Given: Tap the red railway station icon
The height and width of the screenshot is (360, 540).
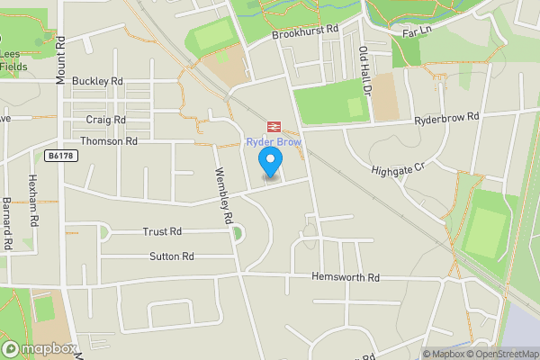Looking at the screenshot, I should pos(272,127).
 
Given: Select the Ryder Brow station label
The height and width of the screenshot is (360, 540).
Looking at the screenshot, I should pos(274,142).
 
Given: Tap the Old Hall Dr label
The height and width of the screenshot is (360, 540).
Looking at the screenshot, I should pos(364,71).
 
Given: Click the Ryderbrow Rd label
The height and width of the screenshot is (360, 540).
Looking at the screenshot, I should pos(446,118).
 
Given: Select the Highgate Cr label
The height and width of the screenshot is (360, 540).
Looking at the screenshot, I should pos(397,168).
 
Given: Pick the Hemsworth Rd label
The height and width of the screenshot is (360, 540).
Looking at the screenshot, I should pos(346,277).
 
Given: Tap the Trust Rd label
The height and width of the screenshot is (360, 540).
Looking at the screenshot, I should pos(162,231).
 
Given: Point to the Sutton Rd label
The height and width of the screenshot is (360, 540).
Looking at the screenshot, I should pos(172,256).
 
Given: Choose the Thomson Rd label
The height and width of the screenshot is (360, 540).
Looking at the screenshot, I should pos(109,141).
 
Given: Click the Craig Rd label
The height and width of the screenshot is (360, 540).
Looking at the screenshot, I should pos(106,119).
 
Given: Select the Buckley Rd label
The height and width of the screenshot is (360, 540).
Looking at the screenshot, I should pos(97,81).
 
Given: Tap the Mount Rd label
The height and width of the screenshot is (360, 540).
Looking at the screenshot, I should pos(60,61).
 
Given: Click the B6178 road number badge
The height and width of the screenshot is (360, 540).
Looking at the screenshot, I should pos(60,156).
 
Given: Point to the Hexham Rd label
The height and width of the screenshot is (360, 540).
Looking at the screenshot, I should pos(33,200).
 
